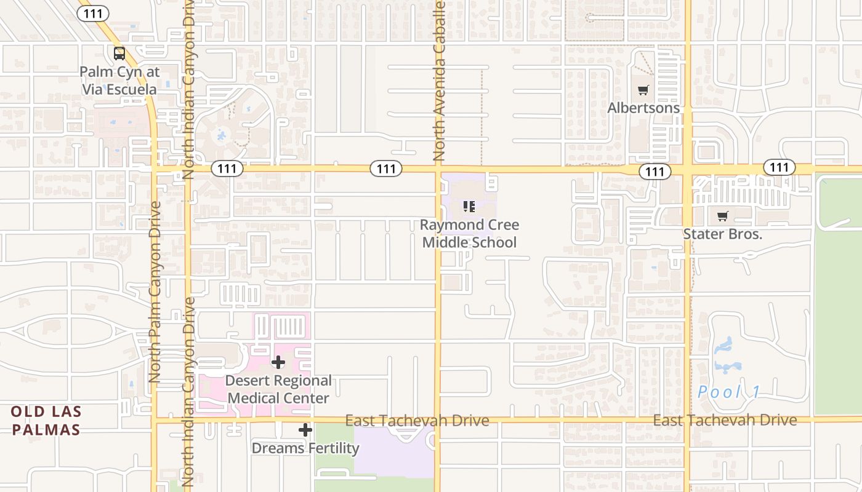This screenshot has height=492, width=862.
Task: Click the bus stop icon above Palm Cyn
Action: [119, 54]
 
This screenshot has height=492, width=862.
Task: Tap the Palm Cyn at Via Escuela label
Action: [119, 81]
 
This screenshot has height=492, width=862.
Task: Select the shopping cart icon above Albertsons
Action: [643, 90]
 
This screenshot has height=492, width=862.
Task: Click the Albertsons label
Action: [643, 108]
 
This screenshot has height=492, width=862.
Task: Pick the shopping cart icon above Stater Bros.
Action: [723, 216]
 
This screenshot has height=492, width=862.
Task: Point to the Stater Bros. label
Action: [723, 234]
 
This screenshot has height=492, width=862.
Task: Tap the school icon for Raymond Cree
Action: [469, 207]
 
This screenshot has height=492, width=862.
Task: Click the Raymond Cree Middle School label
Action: [469, 234]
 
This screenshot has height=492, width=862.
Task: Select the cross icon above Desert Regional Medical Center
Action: [278, 362]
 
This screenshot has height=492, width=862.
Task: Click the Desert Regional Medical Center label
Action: [278, 389]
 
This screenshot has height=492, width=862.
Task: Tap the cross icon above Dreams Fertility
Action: [305, 430]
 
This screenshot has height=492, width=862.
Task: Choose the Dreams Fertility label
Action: [305, 448]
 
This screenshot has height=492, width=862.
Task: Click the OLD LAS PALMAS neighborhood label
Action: [46, 421]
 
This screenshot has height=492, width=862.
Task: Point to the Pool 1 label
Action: [730, 392]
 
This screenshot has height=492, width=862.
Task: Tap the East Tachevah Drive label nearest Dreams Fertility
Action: [417, 421]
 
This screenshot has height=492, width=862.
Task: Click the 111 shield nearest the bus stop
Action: [94, 14]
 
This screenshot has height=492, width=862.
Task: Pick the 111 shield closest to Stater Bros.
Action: [779, 167]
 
